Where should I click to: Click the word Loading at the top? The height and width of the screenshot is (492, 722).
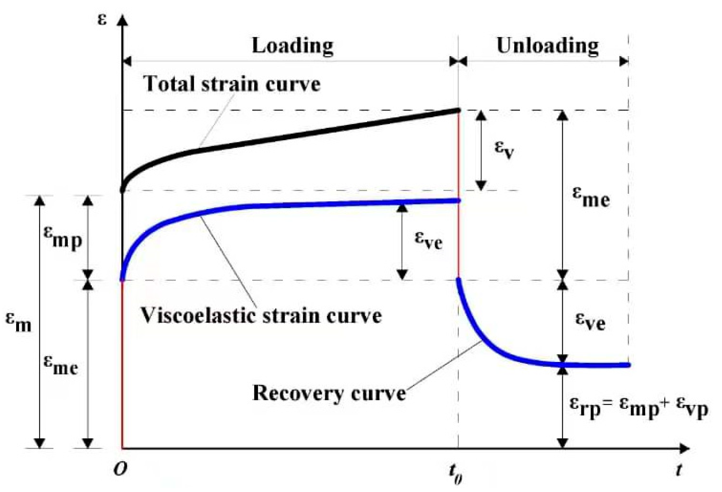(x=292, y=46)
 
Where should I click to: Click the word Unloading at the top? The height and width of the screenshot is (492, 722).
(x=548, y=46)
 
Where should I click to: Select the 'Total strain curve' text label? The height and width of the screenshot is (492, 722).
(x=232, y=84)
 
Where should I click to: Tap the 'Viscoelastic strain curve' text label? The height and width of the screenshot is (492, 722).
(x=261, y=315)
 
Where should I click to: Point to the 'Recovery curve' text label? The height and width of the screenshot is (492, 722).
(x=329, y=394)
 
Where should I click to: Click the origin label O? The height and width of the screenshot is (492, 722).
(x=120, y=470)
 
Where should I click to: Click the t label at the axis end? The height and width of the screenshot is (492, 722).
(x=679, y=470)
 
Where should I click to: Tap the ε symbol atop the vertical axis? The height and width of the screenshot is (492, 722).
(x=102, y=20)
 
